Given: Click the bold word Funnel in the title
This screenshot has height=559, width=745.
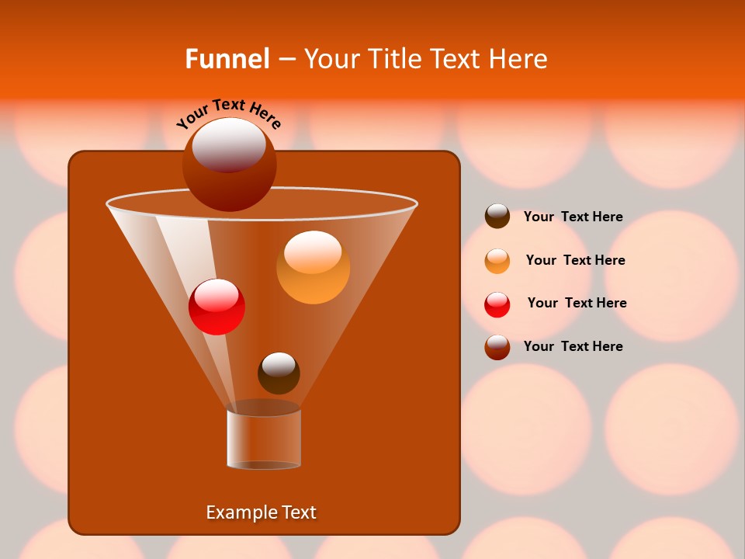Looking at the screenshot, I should pyautogui.click(x=227, y=58).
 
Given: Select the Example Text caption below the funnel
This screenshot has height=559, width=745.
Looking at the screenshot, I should pyautogui.click(x=261, y=512).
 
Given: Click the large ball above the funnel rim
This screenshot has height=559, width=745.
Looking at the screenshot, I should pyautogui.click(x=229, y=165).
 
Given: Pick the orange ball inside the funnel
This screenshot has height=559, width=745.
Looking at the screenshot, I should pyautogui.click(x=313, y=268).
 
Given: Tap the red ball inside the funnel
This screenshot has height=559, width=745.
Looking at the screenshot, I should pyautogui.click(x=217, y=307).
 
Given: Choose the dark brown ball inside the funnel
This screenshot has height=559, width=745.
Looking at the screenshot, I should pyautogui.click(x=279, y=373).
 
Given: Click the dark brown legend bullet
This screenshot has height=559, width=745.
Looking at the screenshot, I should pyautogui.click(x=497, y=216).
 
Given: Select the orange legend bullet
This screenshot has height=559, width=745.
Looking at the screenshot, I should pyautogui.click(x=497, y=261).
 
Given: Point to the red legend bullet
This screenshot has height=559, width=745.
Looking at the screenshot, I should pyautogui.click(x=497, y=304).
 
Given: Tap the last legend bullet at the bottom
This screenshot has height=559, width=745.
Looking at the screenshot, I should pyautogui.click(x=497, y=347).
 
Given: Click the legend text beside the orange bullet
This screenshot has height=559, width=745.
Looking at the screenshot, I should pyautogui.click(x=575, y=260).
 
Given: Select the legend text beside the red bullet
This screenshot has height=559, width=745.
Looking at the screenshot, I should pyautogui.click(x=577, y=303).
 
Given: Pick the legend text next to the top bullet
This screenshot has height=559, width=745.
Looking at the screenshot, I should pyautogui.click(x=573, y=217).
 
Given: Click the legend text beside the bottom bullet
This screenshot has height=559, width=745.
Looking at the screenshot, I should pyautogui.click(x=573, y=346).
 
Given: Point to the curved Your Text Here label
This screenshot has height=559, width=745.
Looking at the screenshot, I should pyautogui.click(x=228, y=113).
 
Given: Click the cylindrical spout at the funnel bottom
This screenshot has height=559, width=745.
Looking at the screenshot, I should pyautogui.click(x=264, y=439).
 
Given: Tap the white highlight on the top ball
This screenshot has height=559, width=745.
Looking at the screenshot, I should pyautogui.click(x=229, y=144).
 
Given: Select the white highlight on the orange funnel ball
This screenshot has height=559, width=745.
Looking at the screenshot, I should pyautogui.click(x=313, y=251).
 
